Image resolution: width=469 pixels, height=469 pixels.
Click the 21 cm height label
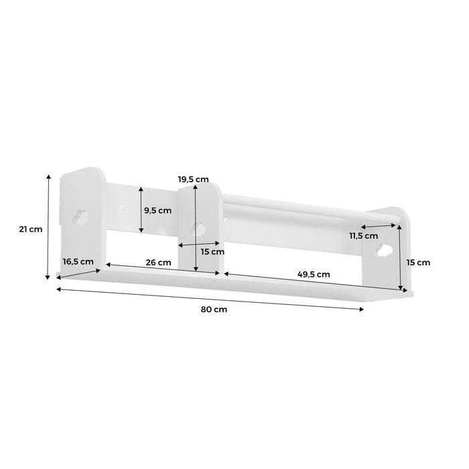click(31, 229)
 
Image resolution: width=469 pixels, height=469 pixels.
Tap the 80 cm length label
click(213, 310)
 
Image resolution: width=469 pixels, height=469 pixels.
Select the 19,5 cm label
click(194, 179)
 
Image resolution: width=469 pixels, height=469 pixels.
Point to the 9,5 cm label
click(158, 210)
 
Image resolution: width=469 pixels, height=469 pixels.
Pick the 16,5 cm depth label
click(77, 261)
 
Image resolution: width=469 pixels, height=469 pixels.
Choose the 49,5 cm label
click(314, 273)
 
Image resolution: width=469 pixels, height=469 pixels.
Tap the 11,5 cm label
click(363, 236)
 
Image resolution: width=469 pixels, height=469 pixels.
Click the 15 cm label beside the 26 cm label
click(212, 251)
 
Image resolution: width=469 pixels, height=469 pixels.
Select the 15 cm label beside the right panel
click(419, 262)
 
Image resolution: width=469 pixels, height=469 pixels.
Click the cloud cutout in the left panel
click(79, 216)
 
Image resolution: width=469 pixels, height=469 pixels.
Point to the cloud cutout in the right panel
click(385, 251)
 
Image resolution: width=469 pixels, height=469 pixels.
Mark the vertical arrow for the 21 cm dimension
click(48, 226)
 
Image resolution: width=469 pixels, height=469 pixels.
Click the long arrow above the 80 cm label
click(210, 299)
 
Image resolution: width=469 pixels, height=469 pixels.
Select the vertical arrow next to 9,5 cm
click(141, 210)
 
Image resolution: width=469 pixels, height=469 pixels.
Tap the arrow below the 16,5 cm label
click(80, 274)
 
